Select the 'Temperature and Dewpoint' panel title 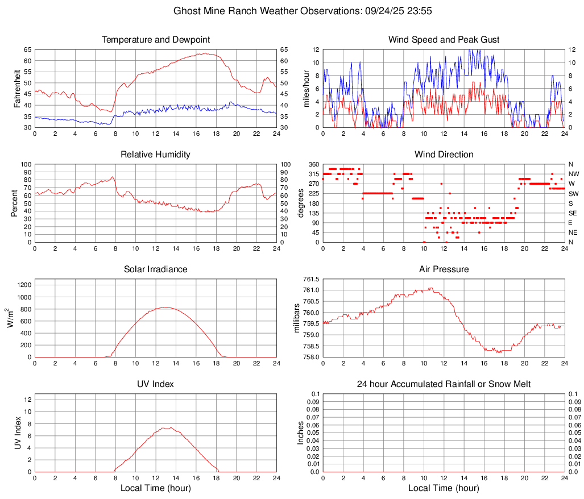pos(156,40)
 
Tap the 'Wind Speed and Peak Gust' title pos(444,40)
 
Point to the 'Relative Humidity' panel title pos(156,155)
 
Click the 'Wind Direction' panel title pos(444,155)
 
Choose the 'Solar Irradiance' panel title pos(156,269)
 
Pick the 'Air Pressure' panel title pos(444,269)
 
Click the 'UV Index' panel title pos(156,384)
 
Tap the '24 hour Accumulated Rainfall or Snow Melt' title pos(444,384)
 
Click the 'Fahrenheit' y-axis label pos(16,88)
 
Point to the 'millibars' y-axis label pos(296,318)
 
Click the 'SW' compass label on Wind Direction pos(573,193)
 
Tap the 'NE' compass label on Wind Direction pos(573,232)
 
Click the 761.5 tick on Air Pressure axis pos(310,279)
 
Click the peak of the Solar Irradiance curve pos(165,307)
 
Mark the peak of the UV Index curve pos(169,427)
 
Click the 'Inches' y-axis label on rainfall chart pos(301,433)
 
